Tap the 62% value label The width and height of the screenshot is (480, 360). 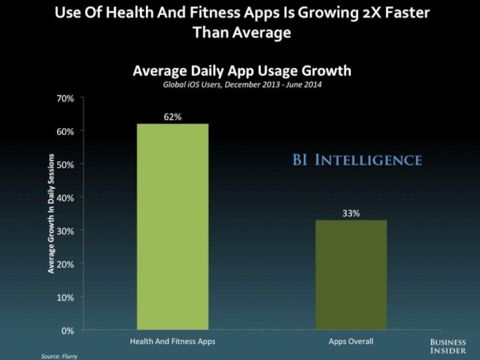tap(173, 118)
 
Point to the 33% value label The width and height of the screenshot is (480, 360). tap(351, 214)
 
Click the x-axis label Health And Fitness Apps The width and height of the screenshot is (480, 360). tap(173, 341)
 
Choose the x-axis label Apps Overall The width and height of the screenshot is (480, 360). tap(351, 341)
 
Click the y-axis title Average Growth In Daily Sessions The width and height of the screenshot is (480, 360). tap(51, 214)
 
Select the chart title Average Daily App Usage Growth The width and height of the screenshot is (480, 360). tap(242, 71)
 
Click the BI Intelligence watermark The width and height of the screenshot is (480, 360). tap(357, 160)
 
